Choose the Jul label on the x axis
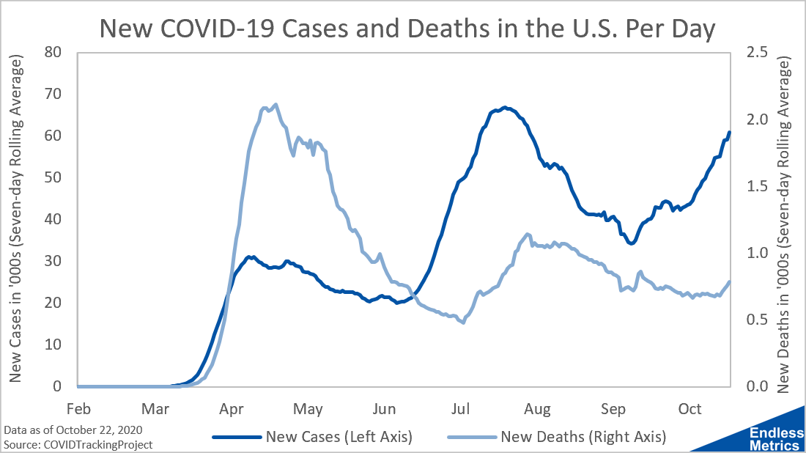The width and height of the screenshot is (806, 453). (461, 407)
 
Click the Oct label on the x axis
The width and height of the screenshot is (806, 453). (690, 407)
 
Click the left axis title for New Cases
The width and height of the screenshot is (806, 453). (16, 220)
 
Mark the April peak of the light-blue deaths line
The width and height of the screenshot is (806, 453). (276, 104)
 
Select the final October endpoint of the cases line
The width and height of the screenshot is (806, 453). (729, 133)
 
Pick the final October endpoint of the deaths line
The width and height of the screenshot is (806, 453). (729, 282)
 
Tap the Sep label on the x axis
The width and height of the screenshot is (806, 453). (613, 407)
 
